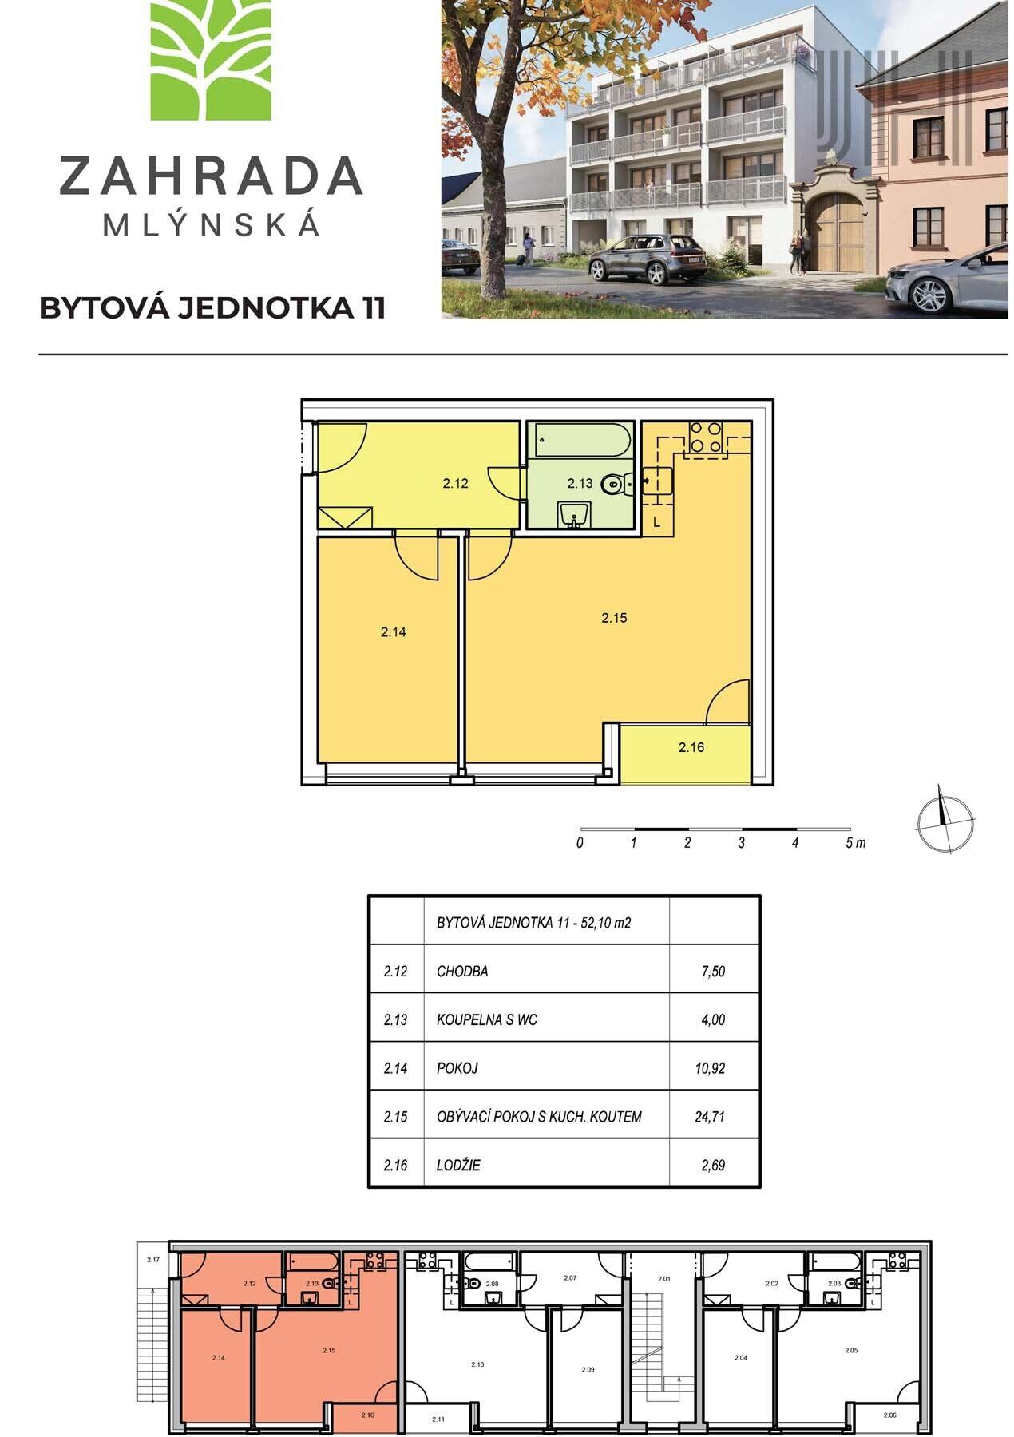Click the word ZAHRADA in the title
[x=211, y=176]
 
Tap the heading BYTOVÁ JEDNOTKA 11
[x=212, y=308]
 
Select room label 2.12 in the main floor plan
[x=455, y=483]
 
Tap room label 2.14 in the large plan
[x=394, y=631]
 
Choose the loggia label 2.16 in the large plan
[x=691, y=748]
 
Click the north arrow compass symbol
[x=945, y=823]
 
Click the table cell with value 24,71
[x=710, y=1116]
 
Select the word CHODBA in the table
[x=462, y=972]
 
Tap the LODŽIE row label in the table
[x=458, y=1165]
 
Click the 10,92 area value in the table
[x=710, y=1068]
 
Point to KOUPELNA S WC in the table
[x=486, y=1019]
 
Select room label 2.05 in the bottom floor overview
[x=852, y=1351]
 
